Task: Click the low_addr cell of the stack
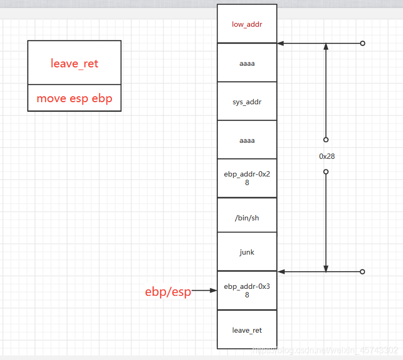coord(247,24)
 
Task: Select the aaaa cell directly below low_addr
coord(247,63)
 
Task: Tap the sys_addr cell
coord(247,102)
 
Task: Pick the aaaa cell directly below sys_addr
coord(247,140)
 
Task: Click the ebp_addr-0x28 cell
coord(247,179)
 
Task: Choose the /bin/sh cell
coord(247,218)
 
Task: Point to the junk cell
coord(247,252)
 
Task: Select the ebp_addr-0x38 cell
coord(247,290)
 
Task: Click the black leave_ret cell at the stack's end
coord(247,330)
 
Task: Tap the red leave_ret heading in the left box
coord(74,64)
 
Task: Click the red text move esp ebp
coord(74,98)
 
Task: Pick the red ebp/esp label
coord(168,292)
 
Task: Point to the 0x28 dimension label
coord(326,157)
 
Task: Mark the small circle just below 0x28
coord(325,172)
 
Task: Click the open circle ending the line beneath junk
coord(362,272)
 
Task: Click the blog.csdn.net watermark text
coord(325,350)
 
